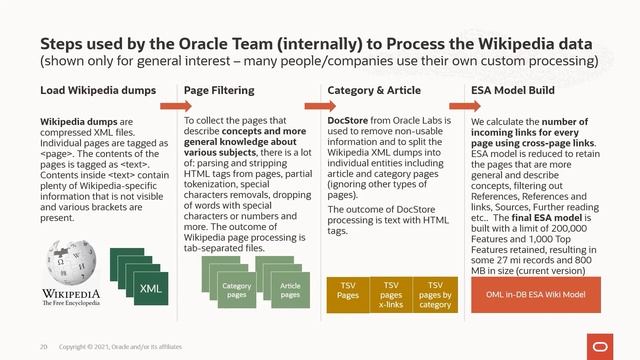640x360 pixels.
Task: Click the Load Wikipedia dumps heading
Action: pyautogui.click(x=86, y=91)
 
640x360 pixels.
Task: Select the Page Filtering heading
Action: pyautogui.click(x=219, y=91)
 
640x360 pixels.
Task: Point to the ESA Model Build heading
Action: pyautogui.click(x=513, y=91)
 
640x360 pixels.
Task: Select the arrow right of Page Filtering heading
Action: pyautogui.click(x=312, y=105)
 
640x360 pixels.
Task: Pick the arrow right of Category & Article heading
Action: pyautogui.click(x=454, y=105)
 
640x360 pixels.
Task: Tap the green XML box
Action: pyautogui.click(x=150, y=288)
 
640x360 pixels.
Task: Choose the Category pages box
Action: pyautogui.click(x=236, y=290)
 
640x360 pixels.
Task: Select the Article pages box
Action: pyautogui.click(x=290, y=290)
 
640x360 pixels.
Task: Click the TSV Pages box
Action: pyautogui.click(x=348, y=290)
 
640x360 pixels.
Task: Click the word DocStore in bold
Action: pyautogui.click(x=349, y=120)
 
